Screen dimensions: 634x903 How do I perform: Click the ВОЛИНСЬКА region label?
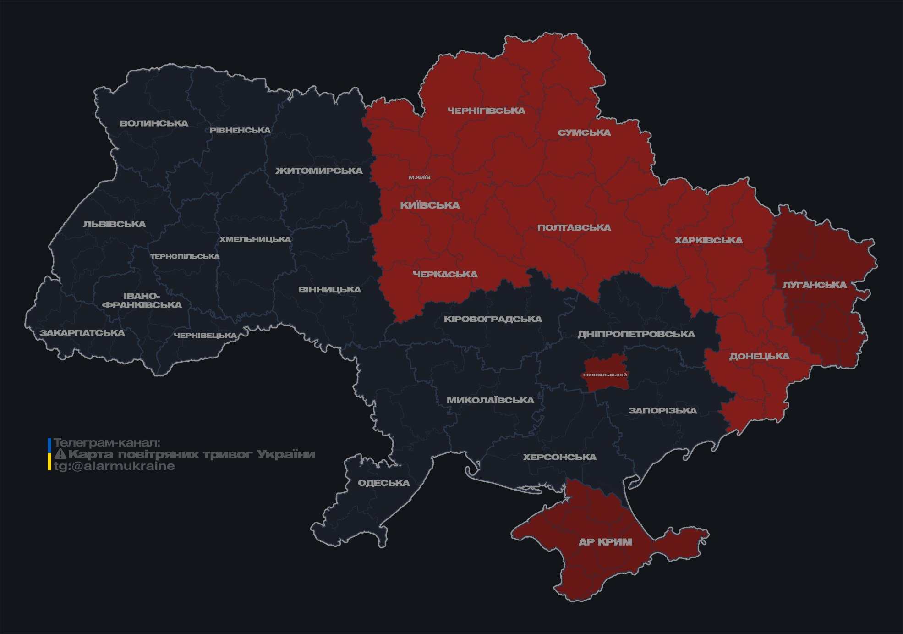click(x=154, y=123)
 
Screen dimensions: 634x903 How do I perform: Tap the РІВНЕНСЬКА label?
click(x=240, y=130)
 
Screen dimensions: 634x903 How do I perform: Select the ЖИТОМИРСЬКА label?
click(x=319, y=171)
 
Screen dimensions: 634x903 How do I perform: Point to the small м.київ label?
click(x=419, y=177)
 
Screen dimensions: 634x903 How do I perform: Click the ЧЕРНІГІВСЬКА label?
click(x=486, y=110)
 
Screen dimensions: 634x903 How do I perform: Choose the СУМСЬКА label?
click(x=584, y=132)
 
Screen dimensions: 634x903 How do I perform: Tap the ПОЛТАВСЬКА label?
click(x=574, y=227)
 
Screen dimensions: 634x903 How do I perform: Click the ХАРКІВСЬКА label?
click(x=708, y=240)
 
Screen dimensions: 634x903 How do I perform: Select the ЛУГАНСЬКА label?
click(x=814, y=285)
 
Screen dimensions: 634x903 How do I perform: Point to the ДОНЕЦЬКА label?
click(x=759, y=356)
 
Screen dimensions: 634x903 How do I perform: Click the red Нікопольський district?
click(x=605, y=380)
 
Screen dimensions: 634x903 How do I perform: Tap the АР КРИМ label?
click(x=605, y=542)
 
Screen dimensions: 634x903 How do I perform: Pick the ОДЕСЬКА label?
click(x=383, y=483)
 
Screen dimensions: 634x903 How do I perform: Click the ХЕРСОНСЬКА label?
click(x=559, y=457)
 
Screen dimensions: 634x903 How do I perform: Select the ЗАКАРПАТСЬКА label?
click(x=82, y=333)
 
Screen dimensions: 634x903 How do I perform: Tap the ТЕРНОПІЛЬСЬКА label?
click(x=185, y=256)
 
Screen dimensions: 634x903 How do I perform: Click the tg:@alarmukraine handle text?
click(x=114, y=466)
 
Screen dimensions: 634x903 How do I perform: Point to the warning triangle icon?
click(x=60, y=454)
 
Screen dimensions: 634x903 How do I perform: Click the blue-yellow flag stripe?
click(x=49, y=454)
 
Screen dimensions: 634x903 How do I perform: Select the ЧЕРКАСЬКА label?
click(x=445, y=274)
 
